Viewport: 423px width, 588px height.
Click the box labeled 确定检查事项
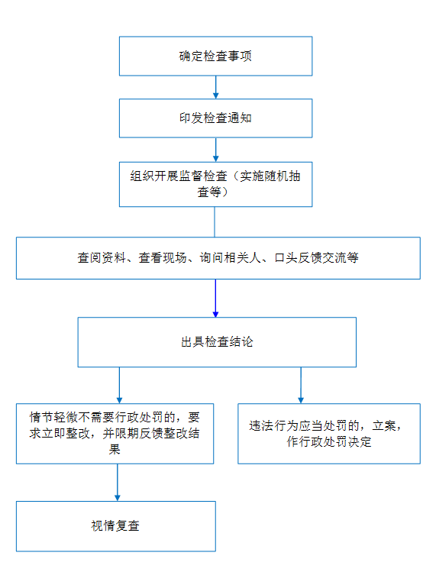(x=215, y=57)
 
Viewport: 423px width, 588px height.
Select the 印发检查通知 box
(x=215, y=118)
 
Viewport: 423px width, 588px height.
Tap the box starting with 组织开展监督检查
(x=215, y=184)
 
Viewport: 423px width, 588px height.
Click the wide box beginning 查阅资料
(x=218, y=258)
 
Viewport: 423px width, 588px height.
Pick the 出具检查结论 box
(x=217, y=342)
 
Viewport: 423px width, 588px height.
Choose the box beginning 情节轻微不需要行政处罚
(x=115, y=434)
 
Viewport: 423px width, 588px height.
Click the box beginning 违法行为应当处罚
(x=329, y=434)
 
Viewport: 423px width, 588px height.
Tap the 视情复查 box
(x=116, y=526)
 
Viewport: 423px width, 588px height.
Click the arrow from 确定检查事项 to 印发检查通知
(x=215, y=87)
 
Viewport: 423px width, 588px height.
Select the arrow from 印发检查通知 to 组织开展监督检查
(x=215, y=150)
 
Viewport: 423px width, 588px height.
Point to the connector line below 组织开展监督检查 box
(x=215, y=221)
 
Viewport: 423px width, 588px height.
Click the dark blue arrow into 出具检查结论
(x=215, y=298)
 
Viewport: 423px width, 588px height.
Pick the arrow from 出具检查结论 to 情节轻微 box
(x=120, y=385)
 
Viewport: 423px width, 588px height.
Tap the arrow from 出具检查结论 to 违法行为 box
(x=301, y=385)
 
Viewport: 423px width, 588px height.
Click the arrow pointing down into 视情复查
(x=118, y=483)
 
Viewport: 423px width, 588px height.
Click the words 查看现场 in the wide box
(x=163, y=258)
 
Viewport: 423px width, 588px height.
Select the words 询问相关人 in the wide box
(x=231, y=258)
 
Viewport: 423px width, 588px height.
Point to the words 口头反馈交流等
(x=317, y=258)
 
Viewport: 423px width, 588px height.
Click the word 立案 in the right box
(x=384, y=425)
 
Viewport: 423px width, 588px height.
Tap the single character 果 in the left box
(x=115, y=449)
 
